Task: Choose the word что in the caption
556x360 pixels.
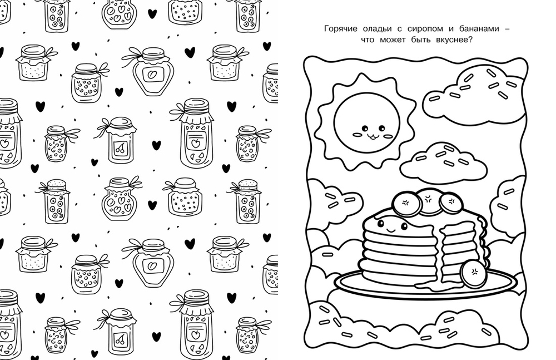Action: (368, 40)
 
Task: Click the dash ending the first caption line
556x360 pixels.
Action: (507, 29)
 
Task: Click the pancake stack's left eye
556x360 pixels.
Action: (381, 223)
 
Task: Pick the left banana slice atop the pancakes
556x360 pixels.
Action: (406, 204)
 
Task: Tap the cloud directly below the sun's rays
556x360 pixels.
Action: (444, 164)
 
